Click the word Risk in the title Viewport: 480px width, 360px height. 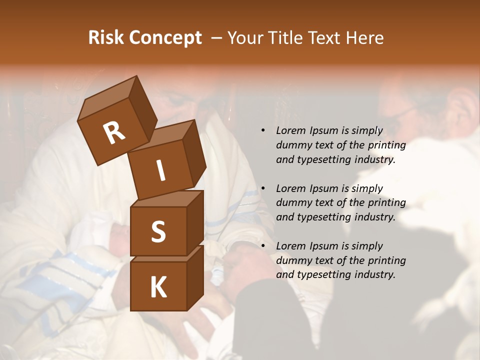coord(106,38)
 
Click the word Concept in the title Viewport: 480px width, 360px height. coord(166,38)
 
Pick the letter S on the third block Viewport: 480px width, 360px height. coord(158,231)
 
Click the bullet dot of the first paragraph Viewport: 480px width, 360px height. coord(263,131)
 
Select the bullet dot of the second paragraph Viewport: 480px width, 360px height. coord(263,188)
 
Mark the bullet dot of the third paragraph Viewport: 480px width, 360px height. coord(263,246)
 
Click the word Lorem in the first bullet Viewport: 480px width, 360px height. coord(290,131)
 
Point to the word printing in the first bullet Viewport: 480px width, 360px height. coord(387,145)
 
